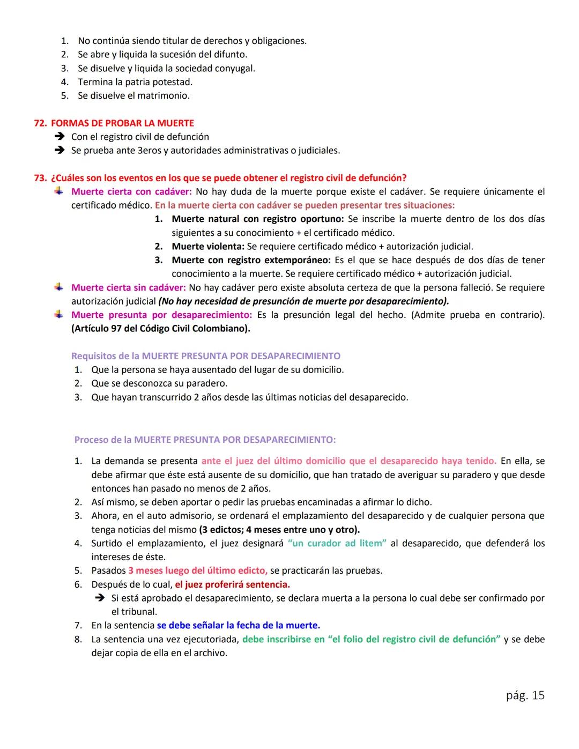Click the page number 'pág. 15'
[525, 695]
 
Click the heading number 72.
[40, 123]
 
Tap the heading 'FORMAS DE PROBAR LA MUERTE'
[122, 123]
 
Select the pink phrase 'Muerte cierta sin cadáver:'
[129, 288]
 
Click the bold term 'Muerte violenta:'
[208, 247]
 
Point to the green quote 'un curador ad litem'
[337, 544]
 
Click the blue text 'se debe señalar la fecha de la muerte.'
[238, 626]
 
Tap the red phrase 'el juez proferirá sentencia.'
[232, 584]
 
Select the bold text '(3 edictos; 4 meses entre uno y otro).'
[279, 530]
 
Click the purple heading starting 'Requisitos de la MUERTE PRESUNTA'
[206, 356]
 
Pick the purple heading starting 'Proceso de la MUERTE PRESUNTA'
[205, 440]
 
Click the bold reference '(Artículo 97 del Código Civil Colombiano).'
[161, 329]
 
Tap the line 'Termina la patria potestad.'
[135, 82]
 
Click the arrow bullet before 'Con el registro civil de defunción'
[59, 137]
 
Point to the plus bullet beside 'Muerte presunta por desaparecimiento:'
[59, 315]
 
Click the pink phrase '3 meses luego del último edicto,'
[198, 570]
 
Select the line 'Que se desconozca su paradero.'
[159, 383]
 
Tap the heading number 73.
[40, 178]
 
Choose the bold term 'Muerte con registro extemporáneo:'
[251, 261]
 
